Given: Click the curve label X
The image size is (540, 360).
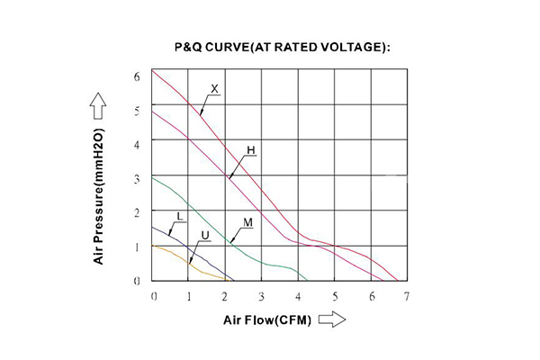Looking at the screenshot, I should coord(215,89).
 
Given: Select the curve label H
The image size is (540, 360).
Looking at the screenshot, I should coord(252,149).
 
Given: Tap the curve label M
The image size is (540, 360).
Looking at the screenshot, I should coord(247,221).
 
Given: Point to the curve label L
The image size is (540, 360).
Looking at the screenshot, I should coord(180,217).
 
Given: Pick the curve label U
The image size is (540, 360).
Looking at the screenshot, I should coord(206,235).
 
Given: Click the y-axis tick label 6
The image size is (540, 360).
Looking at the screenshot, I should coord(138,76).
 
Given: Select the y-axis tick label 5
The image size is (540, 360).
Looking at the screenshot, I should coord(138,111).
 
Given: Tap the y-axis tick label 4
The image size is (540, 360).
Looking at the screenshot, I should coord(138,144).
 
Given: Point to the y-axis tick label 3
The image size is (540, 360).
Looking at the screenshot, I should coord(138,178).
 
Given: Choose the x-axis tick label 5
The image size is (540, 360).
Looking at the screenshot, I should coord(334,295).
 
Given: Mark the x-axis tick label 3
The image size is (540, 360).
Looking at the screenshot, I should coord(261,295).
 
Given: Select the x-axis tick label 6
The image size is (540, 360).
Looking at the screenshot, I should coord(371,295).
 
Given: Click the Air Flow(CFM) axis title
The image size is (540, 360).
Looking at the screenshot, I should coord(266,320).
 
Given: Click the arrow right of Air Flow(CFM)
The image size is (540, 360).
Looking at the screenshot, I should coord(333,320).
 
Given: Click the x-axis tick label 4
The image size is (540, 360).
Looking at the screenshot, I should coord(298,295).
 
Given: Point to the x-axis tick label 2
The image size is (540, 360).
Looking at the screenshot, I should coord(225,295).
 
